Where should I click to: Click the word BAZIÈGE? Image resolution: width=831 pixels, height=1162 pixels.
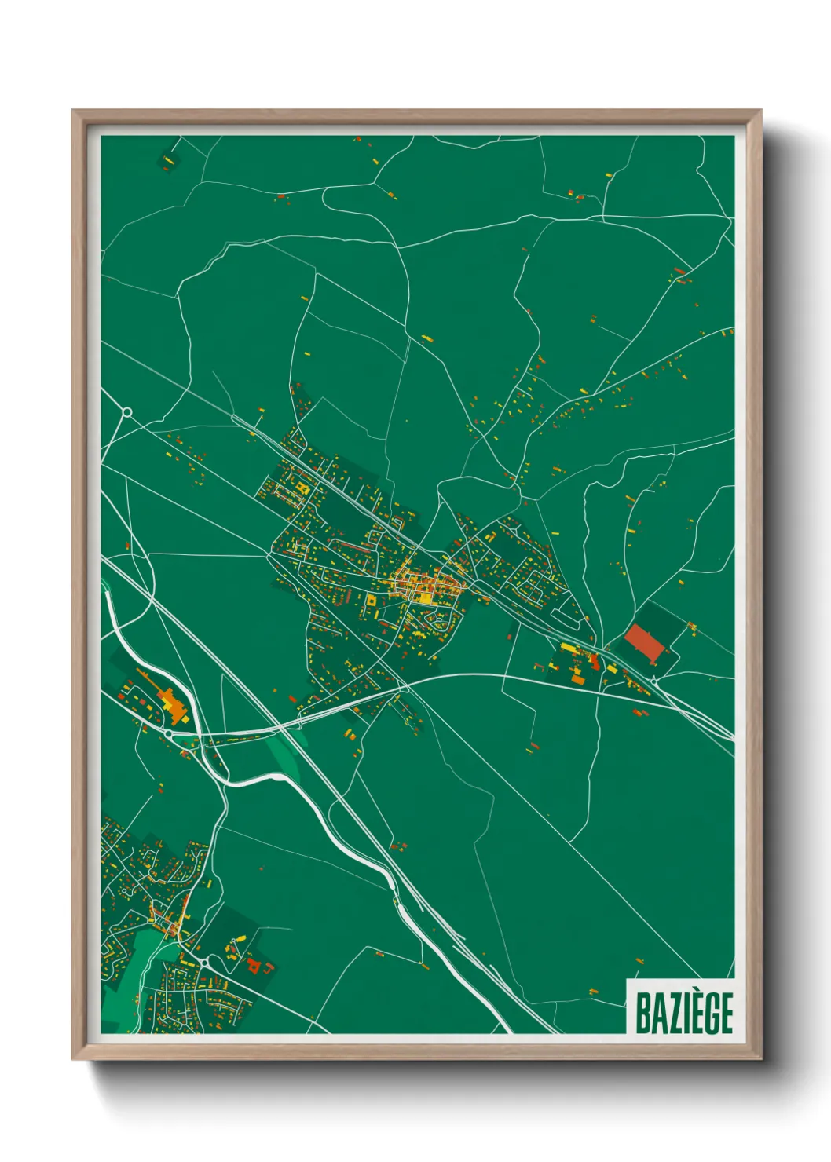[683, 1013]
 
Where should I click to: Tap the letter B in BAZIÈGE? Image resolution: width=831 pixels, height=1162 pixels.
[642, 1014]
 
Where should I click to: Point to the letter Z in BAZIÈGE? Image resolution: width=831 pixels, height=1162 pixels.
[673, 1014]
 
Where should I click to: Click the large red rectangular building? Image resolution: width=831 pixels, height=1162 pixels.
[644, 644]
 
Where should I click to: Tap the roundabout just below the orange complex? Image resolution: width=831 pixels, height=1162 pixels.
[168, 733]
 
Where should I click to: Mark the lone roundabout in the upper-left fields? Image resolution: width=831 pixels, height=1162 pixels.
[126, 411]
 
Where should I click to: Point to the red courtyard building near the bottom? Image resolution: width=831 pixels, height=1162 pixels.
[254, 964]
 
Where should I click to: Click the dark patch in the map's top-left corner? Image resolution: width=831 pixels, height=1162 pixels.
[168, 160]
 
